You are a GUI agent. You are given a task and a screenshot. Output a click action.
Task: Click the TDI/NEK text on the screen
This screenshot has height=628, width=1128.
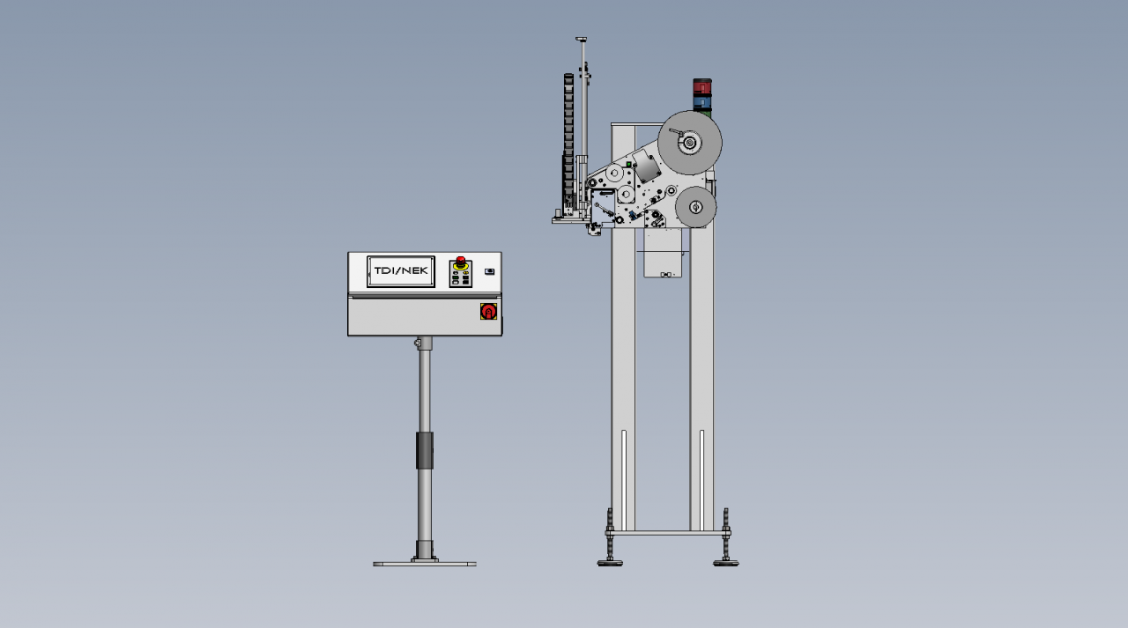click(x=401, y=270)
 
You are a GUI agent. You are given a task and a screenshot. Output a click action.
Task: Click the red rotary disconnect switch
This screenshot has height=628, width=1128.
click(x=488, y=312)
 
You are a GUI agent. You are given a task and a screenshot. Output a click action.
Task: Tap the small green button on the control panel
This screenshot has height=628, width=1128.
click(x=456, y=277)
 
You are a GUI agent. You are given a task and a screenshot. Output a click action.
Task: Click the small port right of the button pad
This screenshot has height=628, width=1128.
click(x=489, y=272)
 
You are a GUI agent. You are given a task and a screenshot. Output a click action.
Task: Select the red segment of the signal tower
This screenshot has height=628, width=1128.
click(x=702, y=86)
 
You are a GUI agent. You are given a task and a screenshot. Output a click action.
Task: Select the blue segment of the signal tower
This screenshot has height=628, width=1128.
click(x=702, y=103)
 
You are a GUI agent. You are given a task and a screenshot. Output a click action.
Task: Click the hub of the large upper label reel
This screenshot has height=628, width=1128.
click(x=689, y=143)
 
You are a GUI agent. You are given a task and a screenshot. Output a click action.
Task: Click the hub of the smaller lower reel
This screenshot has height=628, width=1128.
click(x=695, y=207)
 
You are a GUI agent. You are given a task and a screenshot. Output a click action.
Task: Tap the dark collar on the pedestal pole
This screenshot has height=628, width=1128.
click(x=425, y=450)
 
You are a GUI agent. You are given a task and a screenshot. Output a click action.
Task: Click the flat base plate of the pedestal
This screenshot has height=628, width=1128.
click(x=425, y=564)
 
